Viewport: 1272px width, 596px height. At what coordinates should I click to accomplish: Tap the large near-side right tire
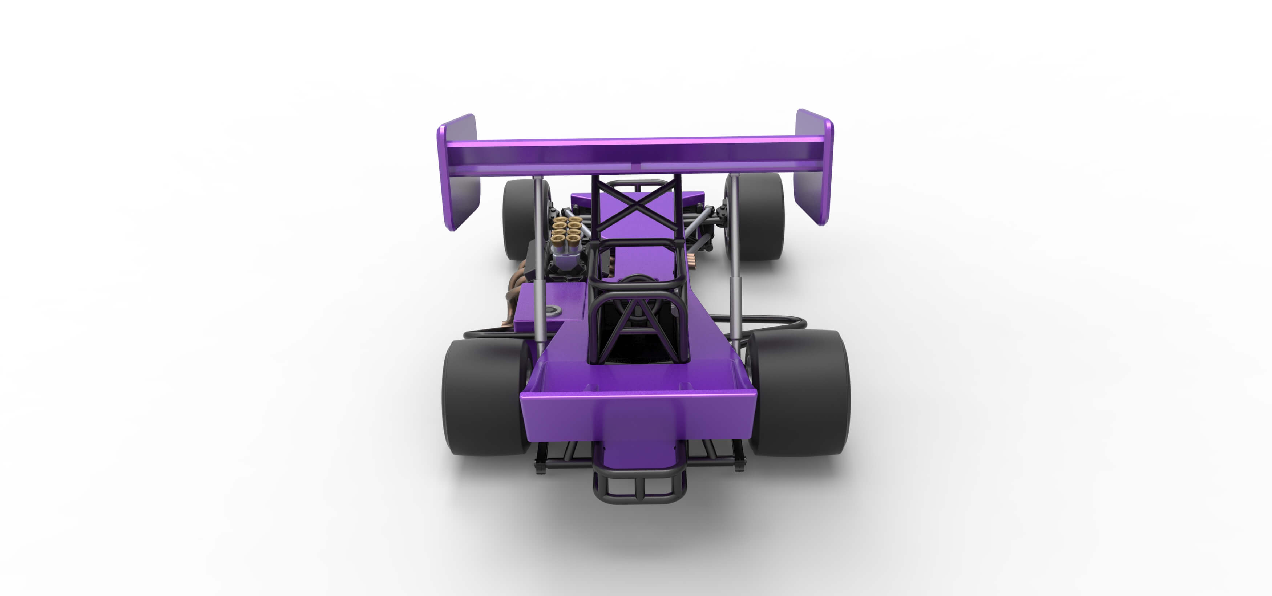803,393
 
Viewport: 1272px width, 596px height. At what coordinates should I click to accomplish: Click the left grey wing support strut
538,262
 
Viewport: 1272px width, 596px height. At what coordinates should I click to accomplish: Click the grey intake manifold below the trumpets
563,257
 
